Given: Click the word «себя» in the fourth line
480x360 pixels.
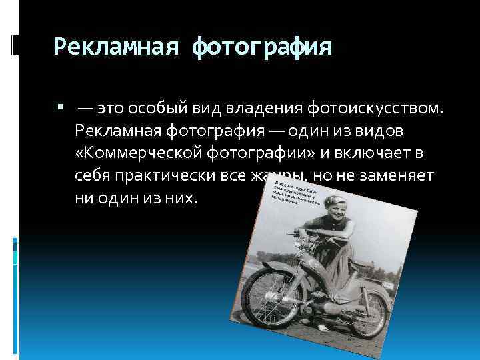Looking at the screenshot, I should [x=94, y=177].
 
